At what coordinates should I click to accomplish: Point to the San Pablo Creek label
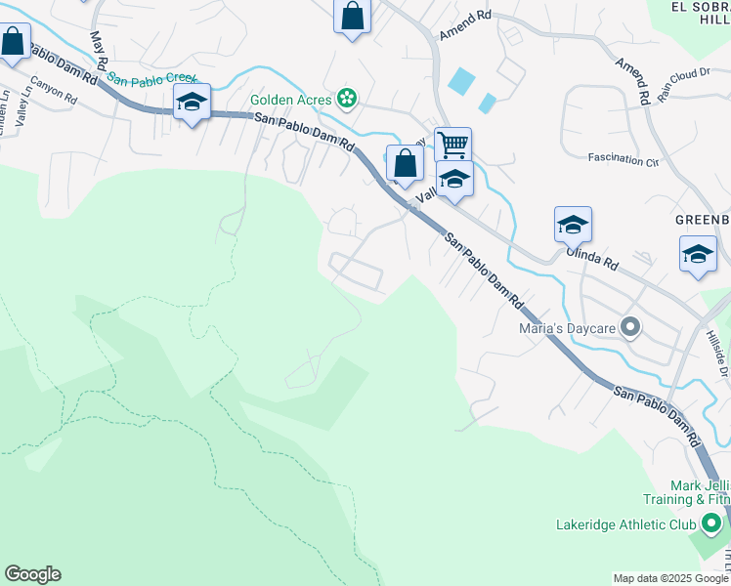(x=151, y=78)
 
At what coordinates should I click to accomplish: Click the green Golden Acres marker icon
(x=346, y=98)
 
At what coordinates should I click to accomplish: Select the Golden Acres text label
(x=291, y=99)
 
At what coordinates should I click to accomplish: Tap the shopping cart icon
(x=452, y=145)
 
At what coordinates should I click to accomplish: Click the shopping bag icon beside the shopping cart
(x=405, y=163)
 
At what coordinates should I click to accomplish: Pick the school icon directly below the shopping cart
(x=454, y=179)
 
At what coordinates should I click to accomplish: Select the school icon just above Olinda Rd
(x=573, y=225)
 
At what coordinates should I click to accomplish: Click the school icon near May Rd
(x=193, y=102)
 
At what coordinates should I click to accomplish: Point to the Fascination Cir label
(x=623, y=158)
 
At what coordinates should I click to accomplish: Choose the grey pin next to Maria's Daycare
(x=631, y=328)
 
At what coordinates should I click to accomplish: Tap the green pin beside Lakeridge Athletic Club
(x=710, y=525)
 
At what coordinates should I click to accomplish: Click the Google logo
(x=32, y=574)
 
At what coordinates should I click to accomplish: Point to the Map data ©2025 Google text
(x=670, y=578)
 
